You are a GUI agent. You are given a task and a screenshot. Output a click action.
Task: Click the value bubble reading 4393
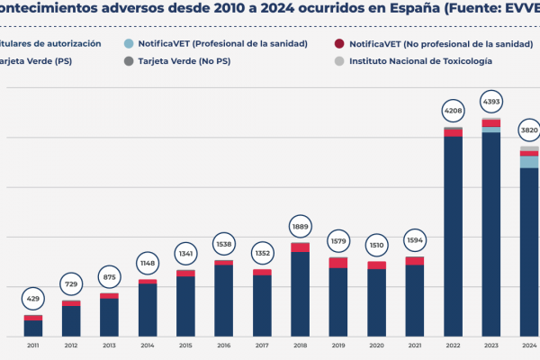pos(490,99)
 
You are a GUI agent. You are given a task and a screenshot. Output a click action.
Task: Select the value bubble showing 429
pos(32,298)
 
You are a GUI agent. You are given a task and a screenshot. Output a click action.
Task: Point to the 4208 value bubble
pos(453,112)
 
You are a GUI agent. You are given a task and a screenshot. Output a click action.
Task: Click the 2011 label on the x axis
pos(32,346)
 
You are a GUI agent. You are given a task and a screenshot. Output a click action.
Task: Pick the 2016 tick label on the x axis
pos(223,346)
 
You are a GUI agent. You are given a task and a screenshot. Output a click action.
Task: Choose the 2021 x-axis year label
pos(415,346)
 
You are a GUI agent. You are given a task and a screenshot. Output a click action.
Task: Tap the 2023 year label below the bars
pos(490,346)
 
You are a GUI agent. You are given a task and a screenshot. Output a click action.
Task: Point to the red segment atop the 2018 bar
pos(300,247)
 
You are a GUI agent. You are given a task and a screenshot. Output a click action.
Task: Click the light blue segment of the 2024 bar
pos(529,162)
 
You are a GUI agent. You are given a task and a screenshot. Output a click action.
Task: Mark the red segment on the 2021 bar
pos(415,261)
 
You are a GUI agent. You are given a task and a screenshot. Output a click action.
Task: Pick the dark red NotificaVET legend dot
pos(338,43)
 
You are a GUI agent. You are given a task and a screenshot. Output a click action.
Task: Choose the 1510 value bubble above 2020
pos(376,243)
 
